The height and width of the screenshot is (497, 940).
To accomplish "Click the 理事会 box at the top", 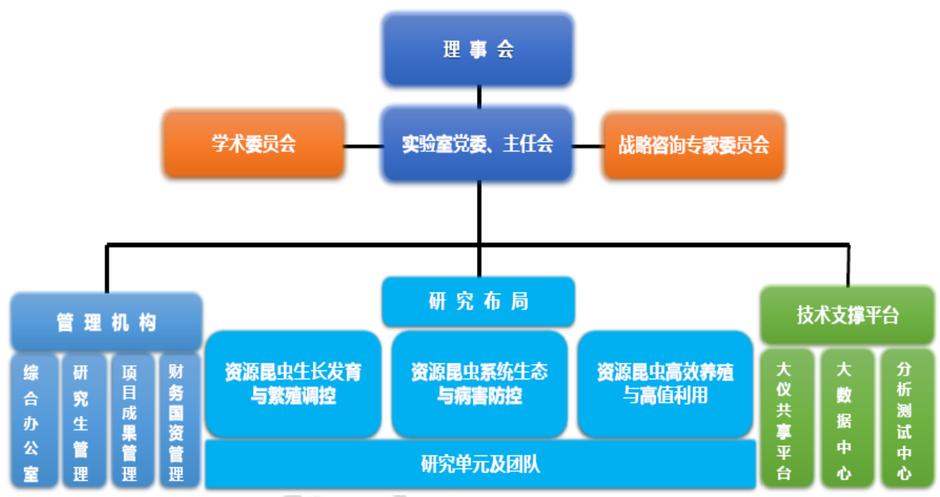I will tap(478, 50).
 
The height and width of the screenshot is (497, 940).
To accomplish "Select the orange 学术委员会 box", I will tap(254, 144).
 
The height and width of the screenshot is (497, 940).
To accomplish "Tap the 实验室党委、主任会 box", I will tap(478, 144).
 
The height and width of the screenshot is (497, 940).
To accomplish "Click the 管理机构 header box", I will tap(107, 322).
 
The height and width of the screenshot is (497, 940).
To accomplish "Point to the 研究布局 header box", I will tap(478, 301).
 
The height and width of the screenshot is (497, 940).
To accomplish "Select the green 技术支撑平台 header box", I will tap(847, 315).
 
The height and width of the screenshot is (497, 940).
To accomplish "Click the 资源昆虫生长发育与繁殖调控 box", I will tap(293, 384).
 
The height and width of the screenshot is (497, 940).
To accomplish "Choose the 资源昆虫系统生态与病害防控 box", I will tap(479, 384).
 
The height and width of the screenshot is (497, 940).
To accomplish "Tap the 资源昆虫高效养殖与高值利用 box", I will tap(665, 384).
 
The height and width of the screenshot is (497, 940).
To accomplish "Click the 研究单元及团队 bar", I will tap(480, 464).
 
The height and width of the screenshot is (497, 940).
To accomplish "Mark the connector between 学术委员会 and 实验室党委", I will tap(363, 146).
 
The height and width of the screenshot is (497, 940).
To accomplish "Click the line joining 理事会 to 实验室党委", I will tap(479, 96).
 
